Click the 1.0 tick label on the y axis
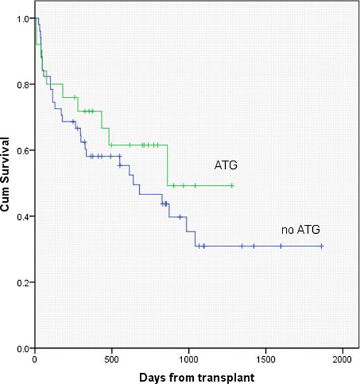[x=24, y=19]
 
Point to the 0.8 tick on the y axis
[x=24, y=84]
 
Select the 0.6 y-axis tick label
[x=24, y=150]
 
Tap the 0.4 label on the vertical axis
[x=24, y=217]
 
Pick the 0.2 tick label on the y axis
[x=24, y=282]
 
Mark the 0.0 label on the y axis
[x=24, y=348]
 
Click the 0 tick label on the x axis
[x=35, y=359]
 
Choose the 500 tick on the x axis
[x=112, y=359]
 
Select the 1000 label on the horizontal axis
[x=189, y=359]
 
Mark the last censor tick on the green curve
[x=232, y=185]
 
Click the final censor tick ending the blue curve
[x=322, y=246]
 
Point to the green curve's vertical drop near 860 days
[x=167, y=165]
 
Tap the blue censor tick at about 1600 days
[x=280, y=246]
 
